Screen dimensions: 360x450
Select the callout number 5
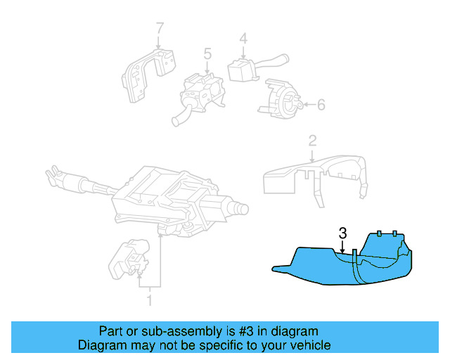[x=207, y=53]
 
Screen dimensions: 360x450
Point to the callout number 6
[x=321, y=105]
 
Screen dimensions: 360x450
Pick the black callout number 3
[x=342, y=233]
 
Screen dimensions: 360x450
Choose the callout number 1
[x=148, y=302]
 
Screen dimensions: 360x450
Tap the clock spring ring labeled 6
[x=281, y=98]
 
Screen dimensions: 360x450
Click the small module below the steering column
[x=126, y=261]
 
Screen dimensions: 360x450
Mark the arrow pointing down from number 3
[x=342, y=246]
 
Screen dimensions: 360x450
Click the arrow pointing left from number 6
[x=306, y=105]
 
